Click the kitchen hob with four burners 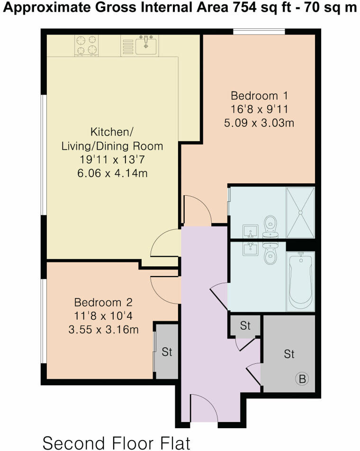coord(86,45)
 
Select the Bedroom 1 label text coord(259,94)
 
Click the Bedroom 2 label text coord(103,302)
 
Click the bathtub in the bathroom coord(299,282)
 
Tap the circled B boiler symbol coord(302,379)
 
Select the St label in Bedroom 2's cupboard coord(166,352)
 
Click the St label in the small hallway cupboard coord(244,326)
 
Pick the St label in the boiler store coord(288,354)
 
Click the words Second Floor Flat coord(116,443)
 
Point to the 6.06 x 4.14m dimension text coord(112,173)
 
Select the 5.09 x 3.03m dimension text coord(259,123)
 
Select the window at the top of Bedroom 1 coord(259,32)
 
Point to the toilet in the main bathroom coord(270,254)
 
